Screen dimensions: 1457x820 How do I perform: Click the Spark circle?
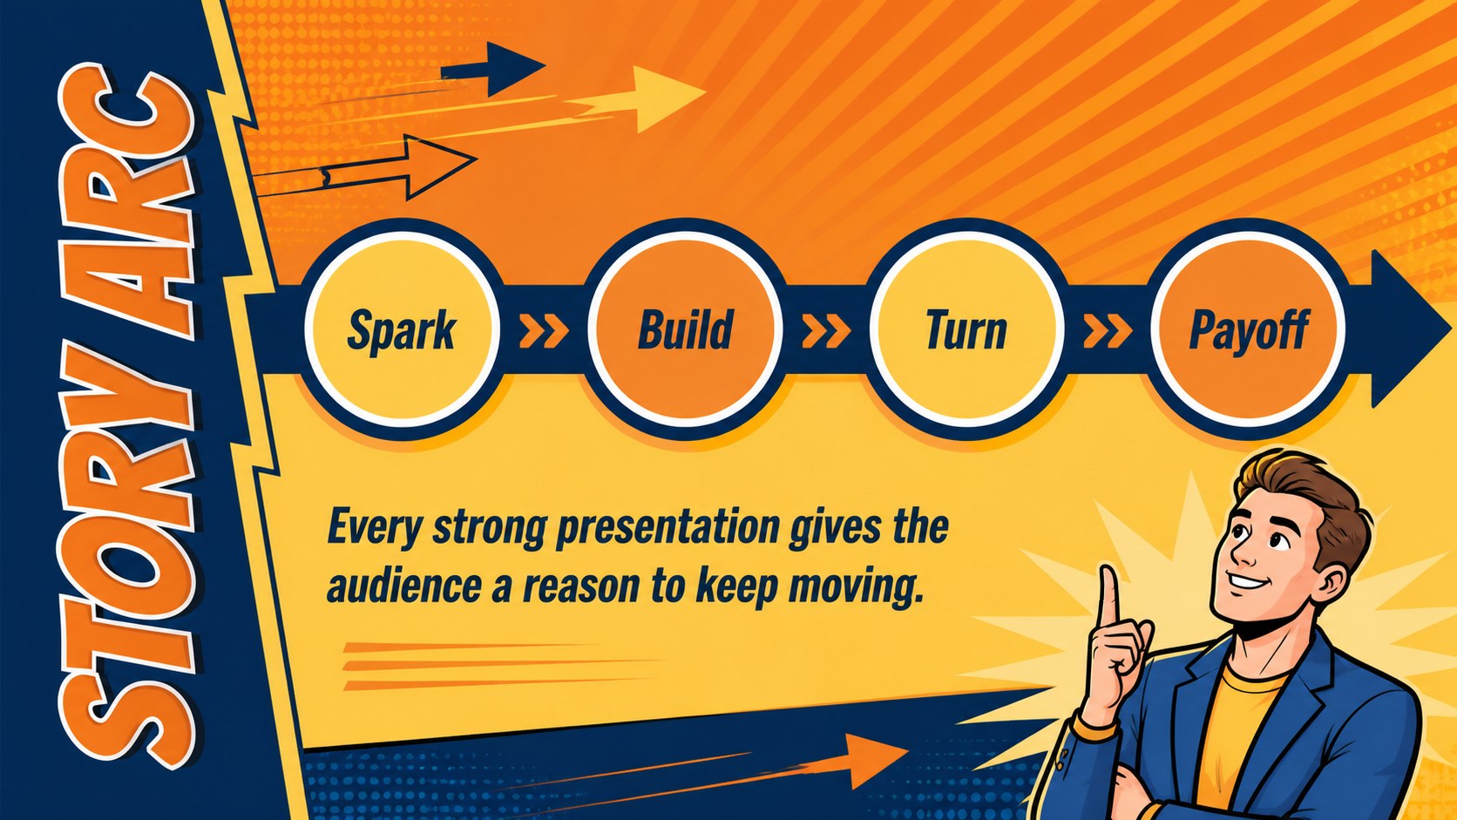[x=402, y=329]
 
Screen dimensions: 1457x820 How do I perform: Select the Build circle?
[x=685, y=329]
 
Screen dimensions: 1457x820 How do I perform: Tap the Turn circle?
[x=966, y=329]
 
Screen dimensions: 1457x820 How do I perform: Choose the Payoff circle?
[x=1248, y=329]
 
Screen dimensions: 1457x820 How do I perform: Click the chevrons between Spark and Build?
[x=544, y=331]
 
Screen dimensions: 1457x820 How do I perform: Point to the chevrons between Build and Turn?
[x=826, y=331]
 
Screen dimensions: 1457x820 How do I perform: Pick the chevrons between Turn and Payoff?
[x=1108, y=331]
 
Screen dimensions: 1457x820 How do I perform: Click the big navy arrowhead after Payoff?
[x=1408, y=329]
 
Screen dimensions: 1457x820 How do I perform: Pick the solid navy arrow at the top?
[x=493, y=68]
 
